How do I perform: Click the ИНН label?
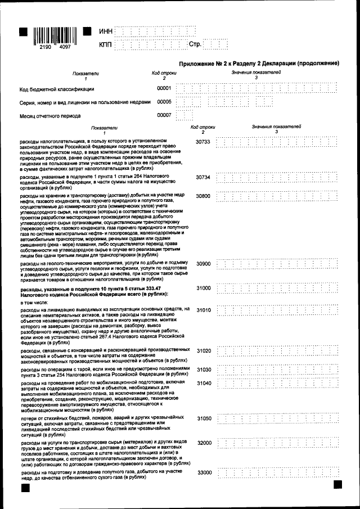(x=105, y=31)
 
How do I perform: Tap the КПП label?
(x=105, y=44)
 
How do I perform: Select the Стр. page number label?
(x=195, y=44)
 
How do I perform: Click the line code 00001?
(x=164, y=88)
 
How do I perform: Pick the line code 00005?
(x=164, y=102)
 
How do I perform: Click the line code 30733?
(x=202, y=142)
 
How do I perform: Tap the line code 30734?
(x=202, y=177)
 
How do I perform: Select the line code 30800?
(x=202, y=196)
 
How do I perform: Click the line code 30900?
(x=202, y=264)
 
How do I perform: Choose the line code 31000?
(x=202, y=288)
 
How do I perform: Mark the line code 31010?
(x=202, y=310)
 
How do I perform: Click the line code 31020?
(x=202, y=351)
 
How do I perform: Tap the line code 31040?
(x=202, y=383)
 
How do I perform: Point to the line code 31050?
(x=202, y=419)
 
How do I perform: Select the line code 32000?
(x=202, y=443)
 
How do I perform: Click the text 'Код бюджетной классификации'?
(x=57, y=89)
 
